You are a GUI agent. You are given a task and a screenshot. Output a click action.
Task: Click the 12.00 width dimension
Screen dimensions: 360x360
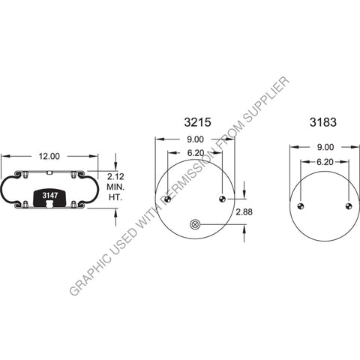(49, 156)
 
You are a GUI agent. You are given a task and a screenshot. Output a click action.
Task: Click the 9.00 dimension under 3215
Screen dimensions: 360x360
(195, 139)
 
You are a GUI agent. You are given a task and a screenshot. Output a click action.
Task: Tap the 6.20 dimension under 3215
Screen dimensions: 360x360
(195, 152)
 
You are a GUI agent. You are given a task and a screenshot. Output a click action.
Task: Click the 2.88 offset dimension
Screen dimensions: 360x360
(244, 213)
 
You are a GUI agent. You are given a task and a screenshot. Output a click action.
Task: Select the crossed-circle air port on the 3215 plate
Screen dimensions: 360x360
(195, 223)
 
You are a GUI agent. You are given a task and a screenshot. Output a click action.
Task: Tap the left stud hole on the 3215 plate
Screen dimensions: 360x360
(167, 199)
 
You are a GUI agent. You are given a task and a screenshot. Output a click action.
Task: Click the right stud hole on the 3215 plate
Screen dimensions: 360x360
(222, 199)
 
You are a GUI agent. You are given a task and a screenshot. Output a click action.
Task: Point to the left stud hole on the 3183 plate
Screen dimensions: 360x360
(298, 207)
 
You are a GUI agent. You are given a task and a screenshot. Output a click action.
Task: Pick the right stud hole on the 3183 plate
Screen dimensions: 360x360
(349, 207)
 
